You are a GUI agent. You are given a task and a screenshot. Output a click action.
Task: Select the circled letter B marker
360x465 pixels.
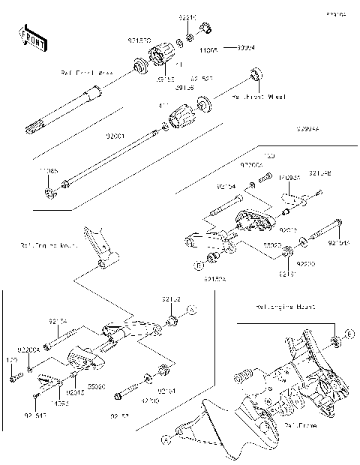click(x=200, y=264)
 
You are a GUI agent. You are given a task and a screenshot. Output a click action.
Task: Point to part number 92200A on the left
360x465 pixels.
click(x=30, y=349)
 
